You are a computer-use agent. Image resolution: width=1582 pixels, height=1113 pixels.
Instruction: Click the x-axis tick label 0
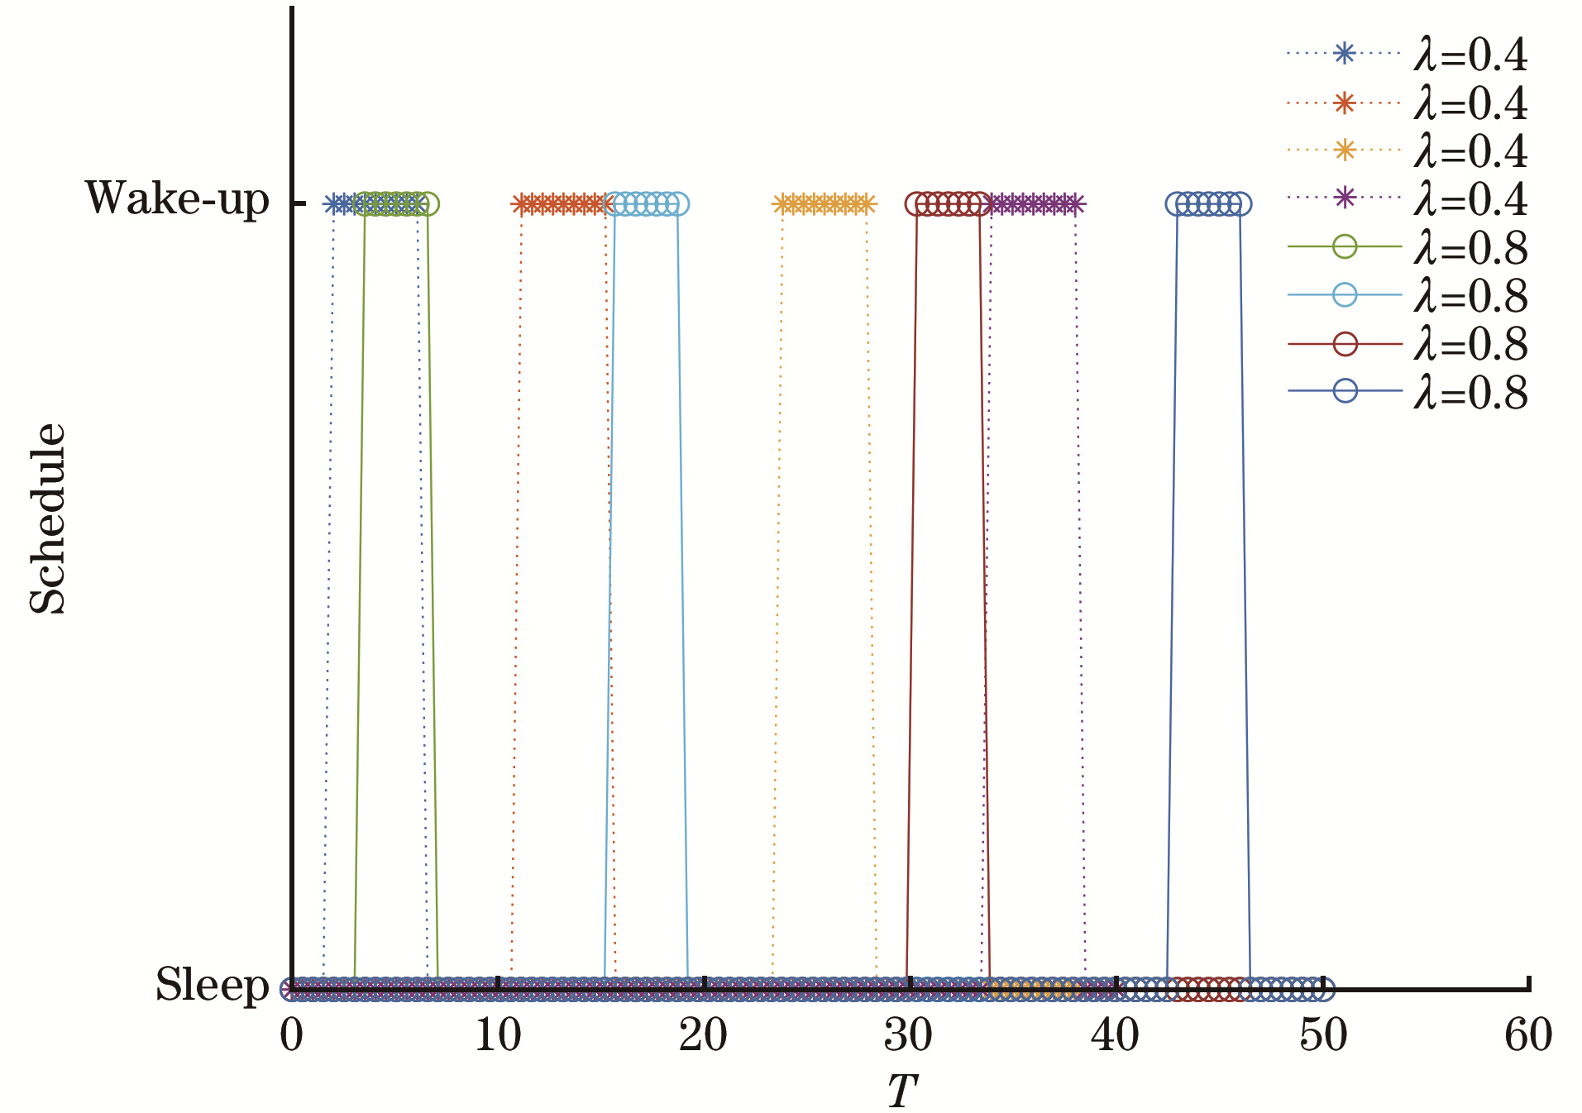(291, 1035)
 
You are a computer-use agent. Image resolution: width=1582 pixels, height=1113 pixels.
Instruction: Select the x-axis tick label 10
(498, 1035)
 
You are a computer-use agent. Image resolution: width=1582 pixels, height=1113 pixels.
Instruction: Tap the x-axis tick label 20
(704, 1035)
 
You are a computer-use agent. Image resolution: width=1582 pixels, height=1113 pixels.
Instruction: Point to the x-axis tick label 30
(910, 1035)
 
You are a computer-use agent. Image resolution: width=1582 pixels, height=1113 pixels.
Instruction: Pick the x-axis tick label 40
(1116, 1035)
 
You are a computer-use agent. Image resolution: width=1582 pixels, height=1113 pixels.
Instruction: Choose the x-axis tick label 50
(1322, 1035)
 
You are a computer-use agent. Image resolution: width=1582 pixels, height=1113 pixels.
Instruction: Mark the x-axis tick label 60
(1528, 1035)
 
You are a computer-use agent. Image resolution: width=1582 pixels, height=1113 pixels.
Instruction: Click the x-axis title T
(902, 1092)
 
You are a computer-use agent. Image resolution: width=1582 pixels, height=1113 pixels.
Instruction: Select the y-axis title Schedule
(47, 518)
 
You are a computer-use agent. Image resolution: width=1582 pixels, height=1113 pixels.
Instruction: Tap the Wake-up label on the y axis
(178, 199)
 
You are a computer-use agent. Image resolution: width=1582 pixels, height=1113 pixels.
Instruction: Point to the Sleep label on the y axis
(213, 985)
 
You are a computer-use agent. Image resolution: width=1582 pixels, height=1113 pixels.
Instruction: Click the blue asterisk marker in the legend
(1345, 54)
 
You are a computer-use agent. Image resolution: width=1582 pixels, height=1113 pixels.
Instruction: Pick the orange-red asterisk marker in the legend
(1345, 103)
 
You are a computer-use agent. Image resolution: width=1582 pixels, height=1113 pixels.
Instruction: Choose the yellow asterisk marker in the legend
(1345, 150)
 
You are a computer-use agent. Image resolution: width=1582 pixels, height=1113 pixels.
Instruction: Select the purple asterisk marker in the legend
(1345, 198)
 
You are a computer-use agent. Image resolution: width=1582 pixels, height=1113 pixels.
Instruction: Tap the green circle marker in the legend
(1345, 246)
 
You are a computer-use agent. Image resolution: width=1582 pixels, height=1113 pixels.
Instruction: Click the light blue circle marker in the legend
(1345, 294)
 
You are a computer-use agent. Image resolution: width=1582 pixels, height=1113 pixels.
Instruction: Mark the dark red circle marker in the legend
(1345, 343)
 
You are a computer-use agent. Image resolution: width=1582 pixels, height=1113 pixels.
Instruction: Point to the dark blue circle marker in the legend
(1345, 390)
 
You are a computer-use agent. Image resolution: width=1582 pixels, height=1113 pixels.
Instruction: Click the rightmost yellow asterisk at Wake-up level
(866, 204)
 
